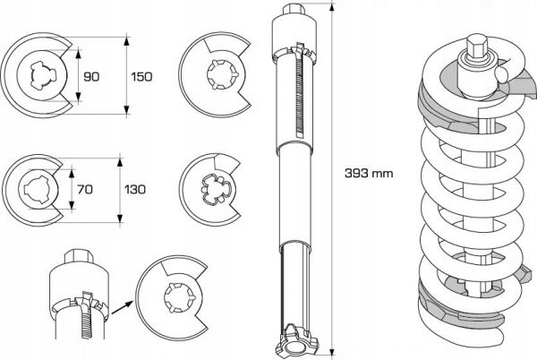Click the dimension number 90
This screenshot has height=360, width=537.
pos(91,77)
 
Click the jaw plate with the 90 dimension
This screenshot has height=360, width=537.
pos(38,76)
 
